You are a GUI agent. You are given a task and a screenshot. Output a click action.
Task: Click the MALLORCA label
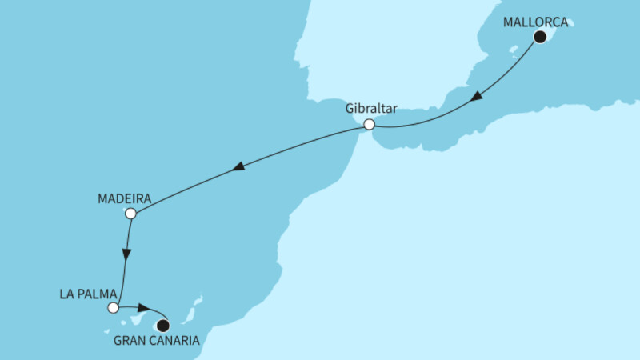pos(535,22)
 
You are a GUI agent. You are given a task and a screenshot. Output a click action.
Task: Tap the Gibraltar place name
pos(372,107)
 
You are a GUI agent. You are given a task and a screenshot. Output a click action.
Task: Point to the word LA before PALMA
pos(67,292)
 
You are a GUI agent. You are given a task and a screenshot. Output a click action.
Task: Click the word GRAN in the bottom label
pos(133,342)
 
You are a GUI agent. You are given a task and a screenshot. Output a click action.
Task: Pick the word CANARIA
pos(178,342)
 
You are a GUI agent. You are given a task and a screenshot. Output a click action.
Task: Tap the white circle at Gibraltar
pos(369,125)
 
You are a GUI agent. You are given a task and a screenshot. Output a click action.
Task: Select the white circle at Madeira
pos(132,214)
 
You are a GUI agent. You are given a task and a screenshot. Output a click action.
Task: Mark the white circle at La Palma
pos(114,307)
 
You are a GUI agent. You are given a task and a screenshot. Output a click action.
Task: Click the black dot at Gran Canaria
pos(163,326)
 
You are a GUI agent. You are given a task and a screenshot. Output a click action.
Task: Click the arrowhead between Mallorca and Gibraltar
pos(476,97)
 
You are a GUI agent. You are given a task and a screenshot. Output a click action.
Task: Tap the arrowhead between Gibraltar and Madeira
pos(238,168)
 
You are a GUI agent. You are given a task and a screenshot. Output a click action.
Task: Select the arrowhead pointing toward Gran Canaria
pos(144,308)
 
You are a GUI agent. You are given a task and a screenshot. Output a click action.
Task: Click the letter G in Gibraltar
pos(350,107)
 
